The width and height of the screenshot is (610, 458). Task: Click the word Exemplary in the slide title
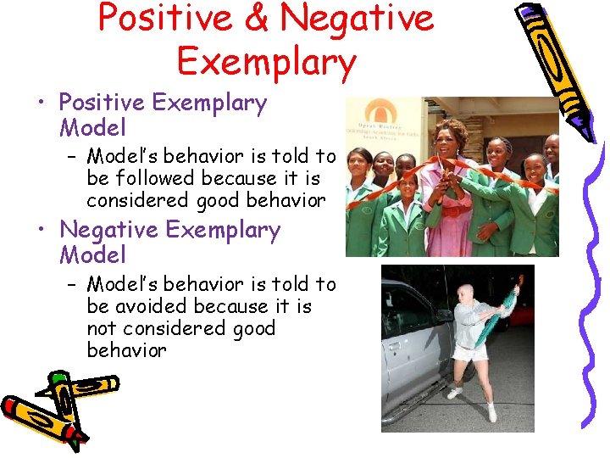[x=266, y=62]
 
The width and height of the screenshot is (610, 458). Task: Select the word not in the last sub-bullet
[x=103, y=328]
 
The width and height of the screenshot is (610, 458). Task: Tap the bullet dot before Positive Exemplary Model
[x=41, y=104]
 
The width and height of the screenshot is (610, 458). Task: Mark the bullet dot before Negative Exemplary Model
[x=41, y=231]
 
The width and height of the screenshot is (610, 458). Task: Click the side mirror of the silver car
[x=443, y=316]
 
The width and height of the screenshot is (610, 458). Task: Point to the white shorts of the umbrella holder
[x=471, y=352]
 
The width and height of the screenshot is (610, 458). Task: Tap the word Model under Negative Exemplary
[x=92, y=254]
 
